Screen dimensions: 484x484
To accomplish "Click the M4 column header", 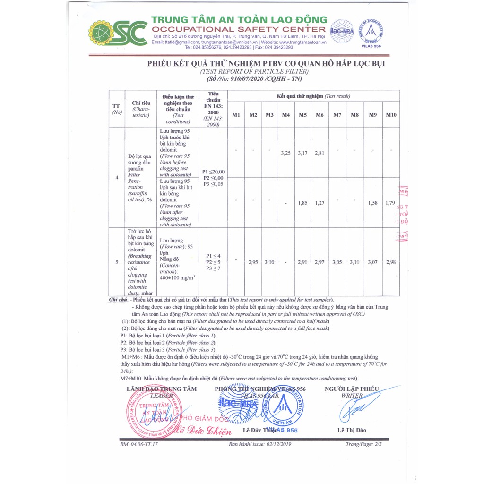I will point(285,115).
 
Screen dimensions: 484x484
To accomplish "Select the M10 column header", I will point(391,115).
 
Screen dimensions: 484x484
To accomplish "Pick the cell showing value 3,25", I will point(285,153).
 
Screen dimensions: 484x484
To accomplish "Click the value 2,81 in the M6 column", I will point(320,153).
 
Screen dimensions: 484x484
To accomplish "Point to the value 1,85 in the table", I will point(302,203).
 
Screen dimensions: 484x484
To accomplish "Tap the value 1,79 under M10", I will point(390,203).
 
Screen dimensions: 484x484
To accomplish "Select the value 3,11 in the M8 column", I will point(354,262).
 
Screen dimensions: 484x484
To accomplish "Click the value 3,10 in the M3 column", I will point(269,262).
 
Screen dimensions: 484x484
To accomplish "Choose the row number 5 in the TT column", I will point(117,262).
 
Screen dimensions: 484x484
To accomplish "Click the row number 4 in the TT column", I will point(117,178).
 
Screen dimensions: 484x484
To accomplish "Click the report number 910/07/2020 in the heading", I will point(252,80).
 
